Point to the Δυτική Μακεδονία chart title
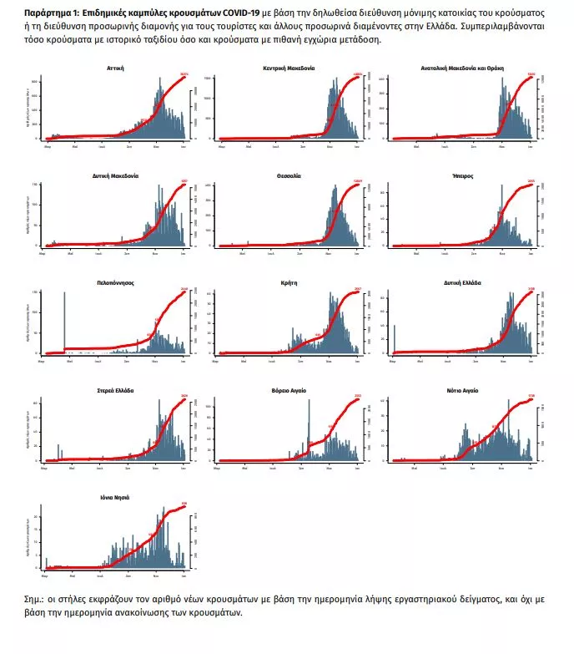click(x=116, y=175)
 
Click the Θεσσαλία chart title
click(x=289, y=175)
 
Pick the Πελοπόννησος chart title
click(x=116, y=283)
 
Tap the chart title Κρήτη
click(x=289, y=283)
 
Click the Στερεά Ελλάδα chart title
click(x=116, y=391)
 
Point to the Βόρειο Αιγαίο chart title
click(x=289, y=391)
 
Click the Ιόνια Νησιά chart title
click(x=116, y=498)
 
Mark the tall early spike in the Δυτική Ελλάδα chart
click(x=394, y=322)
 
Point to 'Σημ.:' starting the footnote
click(x=36, y=600)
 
